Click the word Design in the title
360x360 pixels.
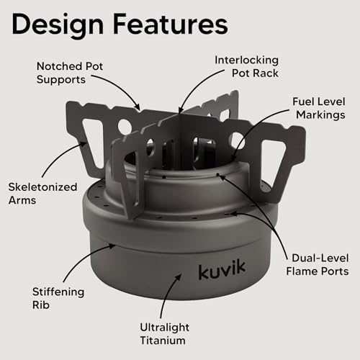click(58, 25)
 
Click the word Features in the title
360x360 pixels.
click(171, 24)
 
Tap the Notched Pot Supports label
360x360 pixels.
click(70, 73)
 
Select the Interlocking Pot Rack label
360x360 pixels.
click(246, 66)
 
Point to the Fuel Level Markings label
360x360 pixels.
click(319, 108)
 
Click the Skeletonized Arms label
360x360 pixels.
click(42, 194)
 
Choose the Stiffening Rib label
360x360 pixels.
click(58, 298)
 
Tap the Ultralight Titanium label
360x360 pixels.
click(165, 334)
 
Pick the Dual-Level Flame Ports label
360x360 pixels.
click(318, 265)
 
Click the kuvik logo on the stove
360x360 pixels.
click(222, 270)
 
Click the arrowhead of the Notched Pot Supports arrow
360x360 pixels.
click(138, 107)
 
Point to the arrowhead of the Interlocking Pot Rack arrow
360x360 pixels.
click(181, 110)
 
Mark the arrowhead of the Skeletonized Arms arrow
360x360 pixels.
click(84, 144)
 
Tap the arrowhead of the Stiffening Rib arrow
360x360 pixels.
click(112, 246)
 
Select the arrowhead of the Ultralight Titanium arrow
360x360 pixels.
click(179, 277)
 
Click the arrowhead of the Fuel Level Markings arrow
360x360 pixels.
click(234, 157)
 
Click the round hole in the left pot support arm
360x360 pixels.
click(125, 127)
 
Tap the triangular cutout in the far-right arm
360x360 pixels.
click(272, 164)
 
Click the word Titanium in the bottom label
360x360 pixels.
click(163, 341)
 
